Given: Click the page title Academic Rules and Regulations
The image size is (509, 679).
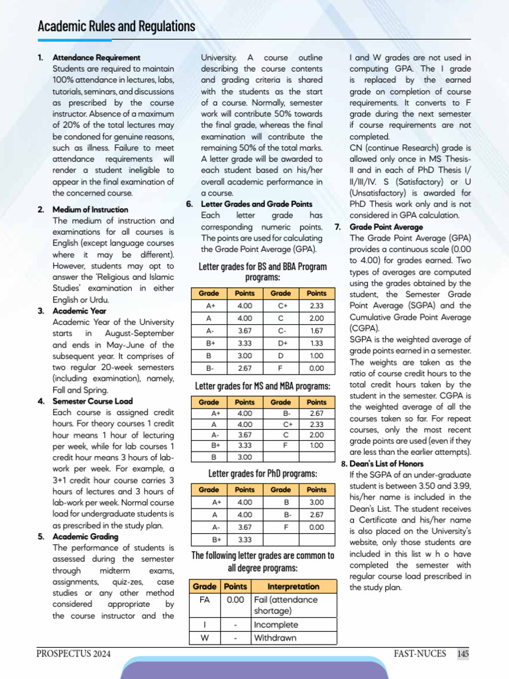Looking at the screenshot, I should point(116,27).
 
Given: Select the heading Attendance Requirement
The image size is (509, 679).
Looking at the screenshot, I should point(96,58).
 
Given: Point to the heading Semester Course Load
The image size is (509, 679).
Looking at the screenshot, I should point(92,401).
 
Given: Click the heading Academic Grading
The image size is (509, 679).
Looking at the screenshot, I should point(85,536).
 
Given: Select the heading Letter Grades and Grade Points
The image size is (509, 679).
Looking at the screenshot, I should point(256,204).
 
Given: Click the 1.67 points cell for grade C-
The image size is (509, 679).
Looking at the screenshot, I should point(316,330).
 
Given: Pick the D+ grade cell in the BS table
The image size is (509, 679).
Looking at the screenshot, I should point(280,343).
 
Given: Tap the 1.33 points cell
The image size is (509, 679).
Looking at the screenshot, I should point(316,343).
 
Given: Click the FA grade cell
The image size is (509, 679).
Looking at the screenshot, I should point(204,599).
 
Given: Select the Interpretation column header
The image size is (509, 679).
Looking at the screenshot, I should point(294,586).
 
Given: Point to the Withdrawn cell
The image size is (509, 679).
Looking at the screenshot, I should point(276,638).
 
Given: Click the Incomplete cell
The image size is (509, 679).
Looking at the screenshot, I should point(276,625).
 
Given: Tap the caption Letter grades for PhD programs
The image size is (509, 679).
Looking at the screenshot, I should point(262,473).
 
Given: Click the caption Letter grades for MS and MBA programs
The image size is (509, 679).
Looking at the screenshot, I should point(262,386).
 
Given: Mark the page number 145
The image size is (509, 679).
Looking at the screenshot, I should point(463,654).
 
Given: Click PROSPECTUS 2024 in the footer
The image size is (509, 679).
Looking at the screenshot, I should point(74,654).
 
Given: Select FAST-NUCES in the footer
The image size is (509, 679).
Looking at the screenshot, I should point(416,654).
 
